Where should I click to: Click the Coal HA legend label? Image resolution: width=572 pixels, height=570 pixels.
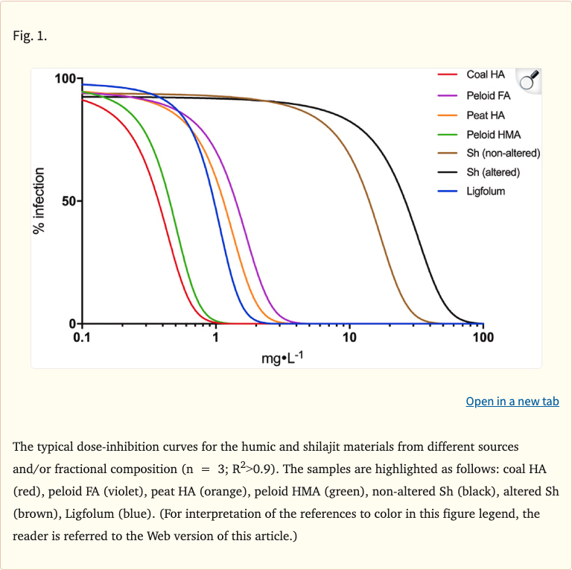[x=485, y=75]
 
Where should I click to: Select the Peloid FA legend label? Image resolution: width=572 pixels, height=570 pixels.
[x=488, y=95]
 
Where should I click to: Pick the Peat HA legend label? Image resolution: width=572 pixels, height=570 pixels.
[x=486, y=115]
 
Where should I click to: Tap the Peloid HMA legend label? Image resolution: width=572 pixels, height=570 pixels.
[x=493, y=134]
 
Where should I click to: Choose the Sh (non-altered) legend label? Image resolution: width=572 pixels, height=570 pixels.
[x=503, y=153]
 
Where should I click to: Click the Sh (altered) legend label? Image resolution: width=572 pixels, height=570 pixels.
[x=493, y=172]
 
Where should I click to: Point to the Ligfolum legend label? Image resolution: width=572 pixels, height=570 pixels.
[x=486, y=191]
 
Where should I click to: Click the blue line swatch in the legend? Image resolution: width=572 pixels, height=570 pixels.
[x=447, y=191]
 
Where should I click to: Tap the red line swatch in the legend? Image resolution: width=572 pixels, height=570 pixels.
[x=447, y=75]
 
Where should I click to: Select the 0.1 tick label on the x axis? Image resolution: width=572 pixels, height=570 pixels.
[x=82, y=338]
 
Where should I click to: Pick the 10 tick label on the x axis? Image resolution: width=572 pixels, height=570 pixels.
[x=349, y=338]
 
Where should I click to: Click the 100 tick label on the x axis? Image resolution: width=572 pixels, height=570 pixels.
[x=483, y=338]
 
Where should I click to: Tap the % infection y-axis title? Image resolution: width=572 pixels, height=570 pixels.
[x=40, y=201]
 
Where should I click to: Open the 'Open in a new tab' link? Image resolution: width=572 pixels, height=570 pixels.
[x=512, y=402]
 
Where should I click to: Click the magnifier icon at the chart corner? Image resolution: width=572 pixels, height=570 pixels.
[x=528, y=81]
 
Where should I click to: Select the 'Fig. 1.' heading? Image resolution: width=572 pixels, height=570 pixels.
[x=30, y=35]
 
